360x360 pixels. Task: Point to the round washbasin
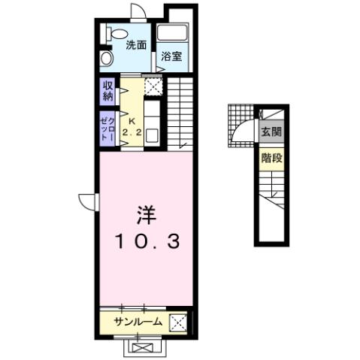(106, 59)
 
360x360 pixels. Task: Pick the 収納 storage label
(107, 90)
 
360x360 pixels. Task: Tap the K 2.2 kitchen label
(132, 128)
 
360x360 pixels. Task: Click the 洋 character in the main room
(146, 214)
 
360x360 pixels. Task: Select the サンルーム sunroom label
(138, 322)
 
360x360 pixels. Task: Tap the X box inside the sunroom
(178, 322)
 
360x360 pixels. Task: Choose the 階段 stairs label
(270, 158)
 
